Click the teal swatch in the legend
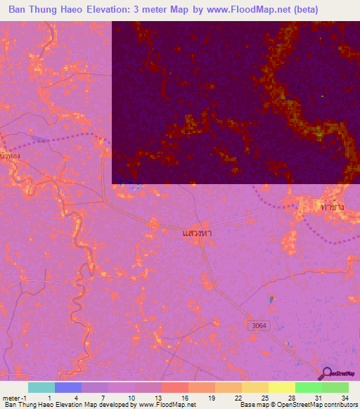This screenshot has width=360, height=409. [x=41, y=387]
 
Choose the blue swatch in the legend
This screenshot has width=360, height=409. [x=68, y=387]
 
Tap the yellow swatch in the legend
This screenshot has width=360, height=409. [x=281, y=387]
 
